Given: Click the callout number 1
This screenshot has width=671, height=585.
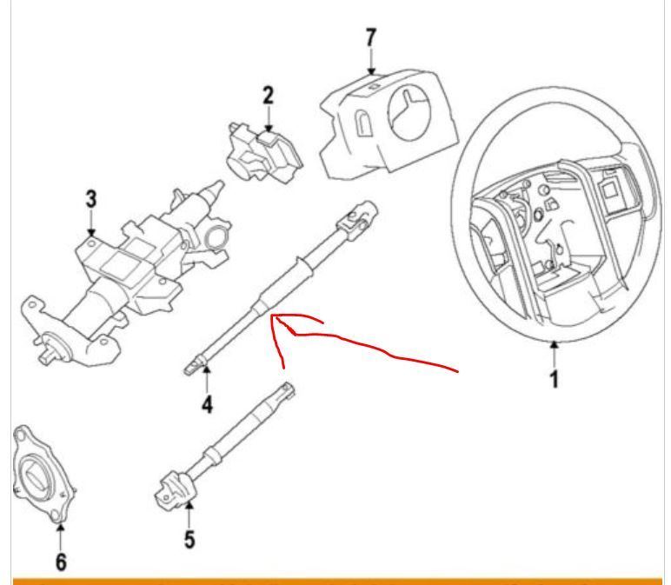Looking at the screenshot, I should point(555,381).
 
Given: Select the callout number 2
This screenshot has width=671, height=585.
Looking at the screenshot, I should point(269,94).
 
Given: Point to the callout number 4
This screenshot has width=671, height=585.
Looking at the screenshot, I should point(207,404).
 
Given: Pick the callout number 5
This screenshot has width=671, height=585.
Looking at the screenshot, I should point(189,539).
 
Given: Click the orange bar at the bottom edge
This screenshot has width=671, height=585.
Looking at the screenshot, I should point(335,580).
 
